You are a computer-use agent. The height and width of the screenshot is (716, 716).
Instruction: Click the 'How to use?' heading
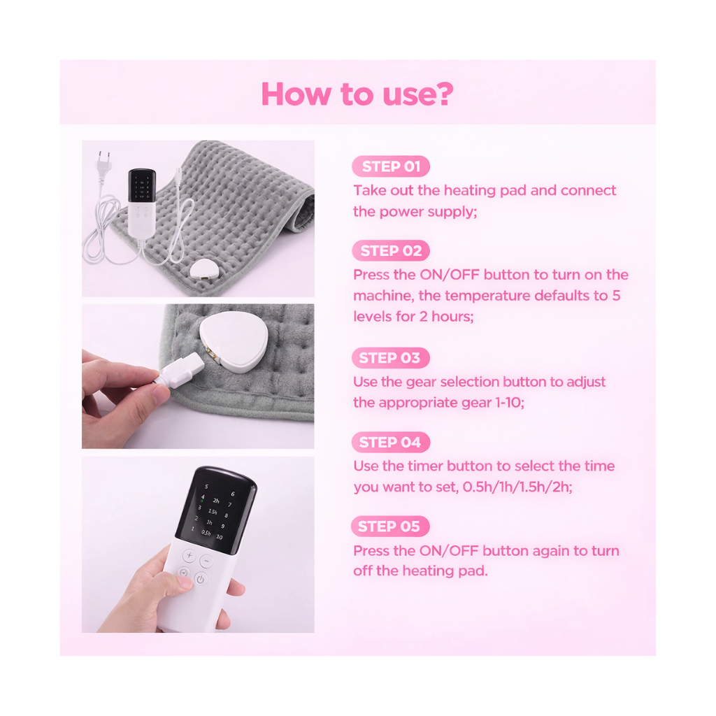pyautogui.click(x=357, y=94)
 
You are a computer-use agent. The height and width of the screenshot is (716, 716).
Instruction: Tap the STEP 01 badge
pyautogui.click(x=391, y=166)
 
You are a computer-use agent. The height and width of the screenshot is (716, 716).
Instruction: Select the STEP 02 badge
pyautogui.click(x=391, y=250)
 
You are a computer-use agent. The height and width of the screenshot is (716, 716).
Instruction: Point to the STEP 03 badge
pyautogui.click(x=390, y=358)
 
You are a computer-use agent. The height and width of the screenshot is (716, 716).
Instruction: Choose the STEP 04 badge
pyautogui.click(x=390, y=442)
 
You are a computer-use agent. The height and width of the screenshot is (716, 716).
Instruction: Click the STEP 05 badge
pyautogui.click(x=389, y=526)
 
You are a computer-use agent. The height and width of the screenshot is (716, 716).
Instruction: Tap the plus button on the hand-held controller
pyautogui.click(x=189, y=557)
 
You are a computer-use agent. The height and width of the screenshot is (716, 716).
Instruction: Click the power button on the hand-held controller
pyautogui.click(x=201, y=578)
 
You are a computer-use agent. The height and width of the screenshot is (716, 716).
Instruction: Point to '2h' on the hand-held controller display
pyautogui.click(x=217, y=501)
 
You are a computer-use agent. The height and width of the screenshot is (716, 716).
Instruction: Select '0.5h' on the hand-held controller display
pyautogui.click(x=206, y=533)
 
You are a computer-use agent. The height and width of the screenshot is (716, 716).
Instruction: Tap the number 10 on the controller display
pyautogui.click(x=219, y=537)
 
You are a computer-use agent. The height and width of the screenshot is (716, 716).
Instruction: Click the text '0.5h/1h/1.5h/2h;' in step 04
pyautogui.click(x=517, y=487)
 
